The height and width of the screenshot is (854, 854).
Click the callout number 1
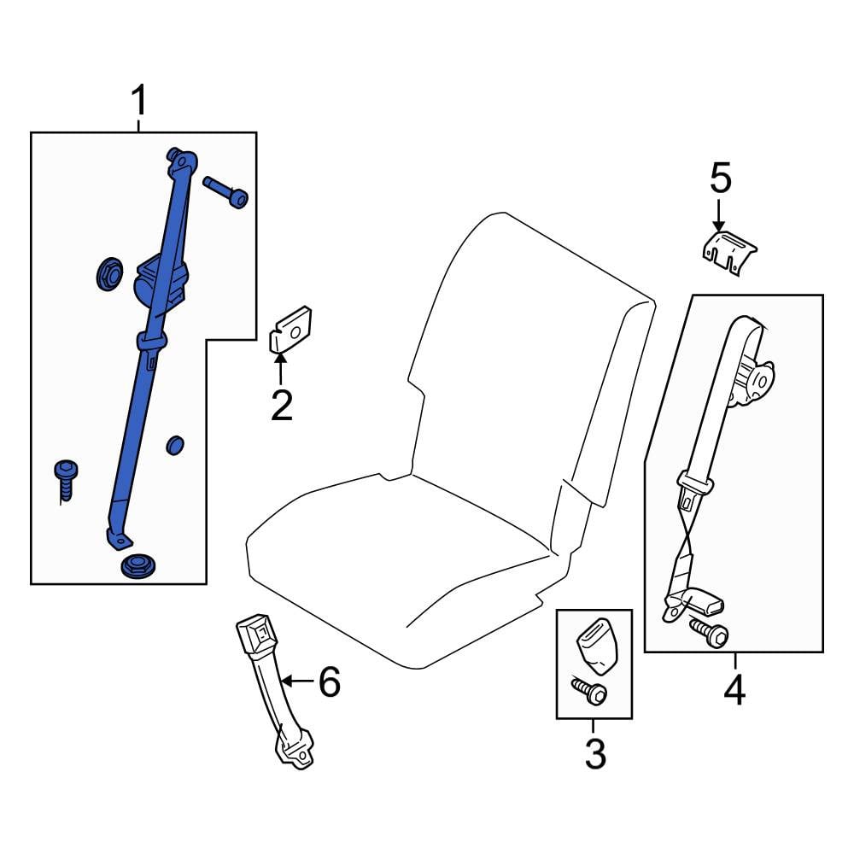(x=139, y=100)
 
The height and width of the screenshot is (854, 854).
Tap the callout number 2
(x=282, y=405)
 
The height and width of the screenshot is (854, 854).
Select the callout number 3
(x=595, y=753)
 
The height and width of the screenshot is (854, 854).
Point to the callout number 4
(x=734, y=689)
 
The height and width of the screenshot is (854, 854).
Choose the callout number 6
(x=330, y=681)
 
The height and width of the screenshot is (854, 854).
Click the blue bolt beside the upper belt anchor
(x=225, y=191)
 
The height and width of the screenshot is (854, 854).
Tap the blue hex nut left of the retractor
(x=109, y=273)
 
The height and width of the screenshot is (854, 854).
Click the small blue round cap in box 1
(x=175, y=445)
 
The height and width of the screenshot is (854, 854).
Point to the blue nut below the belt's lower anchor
(x=137, y=566)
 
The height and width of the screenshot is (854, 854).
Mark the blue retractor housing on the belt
(x=161, y=284)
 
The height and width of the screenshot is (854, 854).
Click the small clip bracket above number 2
(x=291, y=329)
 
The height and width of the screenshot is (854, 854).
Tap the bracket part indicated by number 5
(x=728, y=253)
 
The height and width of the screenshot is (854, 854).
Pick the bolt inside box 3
(x=588, y=691)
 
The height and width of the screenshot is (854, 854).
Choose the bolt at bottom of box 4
(x=709, y=632)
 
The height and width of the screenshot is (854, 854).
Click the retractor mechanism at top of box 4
(x=753, y=383)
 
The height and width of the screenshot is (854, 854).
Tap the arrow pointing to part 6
(x=298, y=681)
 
